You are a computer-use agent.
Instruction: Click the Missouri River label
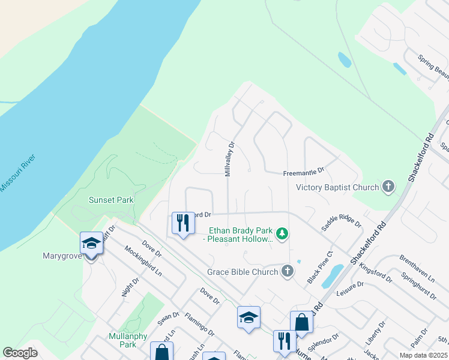pyautogui.click(x=19, y=173)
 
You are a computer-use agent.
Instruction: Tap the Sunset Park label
pyautogui.click(x=111, y=200)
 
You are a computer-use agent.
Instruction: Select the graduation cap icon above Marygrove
pyautogui.click(x=91, y=243)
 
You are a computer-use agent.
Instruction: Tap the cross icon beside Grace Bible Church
pyautogui.click(x=288, y=272)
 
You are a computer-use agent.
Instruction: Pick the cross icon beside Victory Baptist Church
pyautogui.click(x=388, y=187)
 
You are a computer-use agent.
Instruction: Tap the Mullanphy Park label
pyautogui.click(x=127, y=340)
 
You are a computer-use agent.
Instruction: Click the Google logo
pyautogui.click(x=20, y=353)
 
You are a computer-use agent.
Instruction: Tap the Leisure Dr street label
pyautogui.click(x=351, y=290)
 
